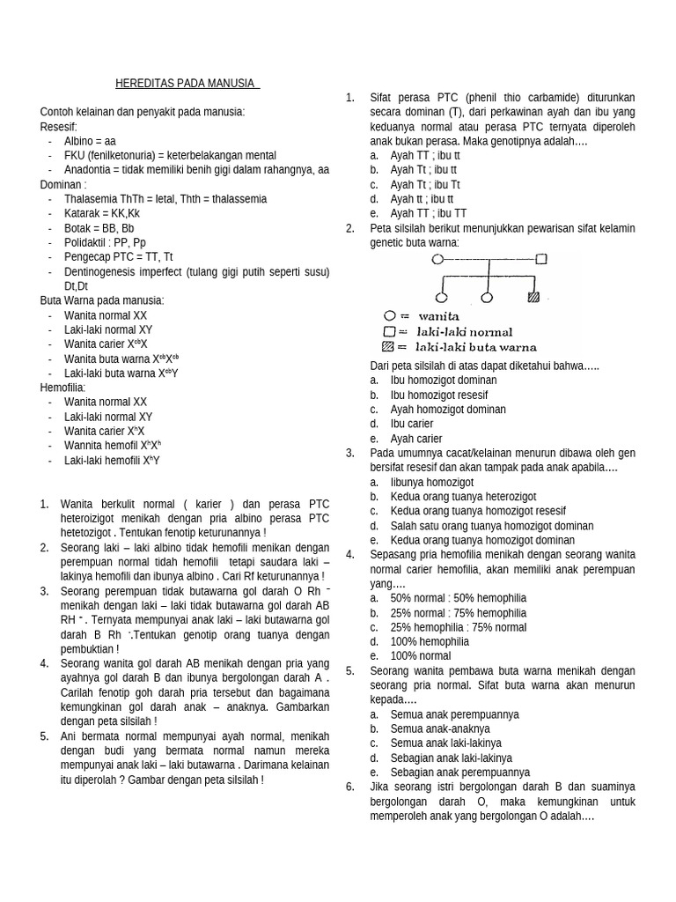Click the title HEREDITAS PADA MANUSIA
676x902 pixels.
(x=187, y=84)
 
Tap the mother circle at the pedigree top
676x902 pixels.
(x=437, y=259)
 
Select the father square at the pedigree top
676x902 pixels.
(x=541, y=259)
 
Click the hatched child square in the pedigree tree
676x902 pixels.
(x=533, y=298)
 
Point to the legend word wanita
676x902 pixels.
(x=438, y=315)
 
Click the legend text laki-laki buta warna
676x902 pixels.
(x=476, y=347)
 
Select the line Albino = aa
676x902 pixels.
(x=90, y=141)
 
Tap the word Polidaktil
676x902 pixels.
(x=88, y=242)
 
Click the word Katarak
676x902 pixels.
(x=82, y=213)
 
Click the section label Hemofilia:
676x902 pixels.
(x=62, y=387)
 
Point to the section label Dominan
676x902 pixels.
(x=62, y=184)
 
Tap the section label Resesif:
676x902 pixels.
(x=59, y=127)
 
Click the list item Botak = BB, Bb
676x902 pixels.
(x=99, y=227)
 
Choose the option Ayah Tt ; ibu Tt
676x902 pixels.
(x=425, y=184)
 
